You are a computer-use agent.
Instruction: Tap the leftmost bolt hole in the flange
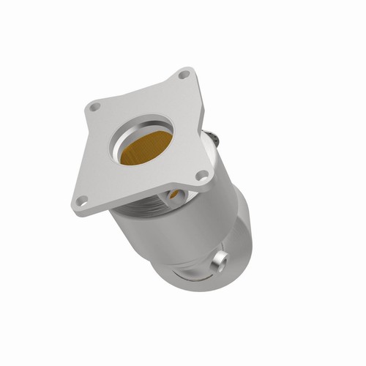tap(94, 107)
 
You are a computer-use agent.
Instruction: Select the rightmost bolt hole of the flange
tap(201, 175)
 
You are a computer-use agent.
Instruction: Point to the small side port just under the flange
tap(175, 195)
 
